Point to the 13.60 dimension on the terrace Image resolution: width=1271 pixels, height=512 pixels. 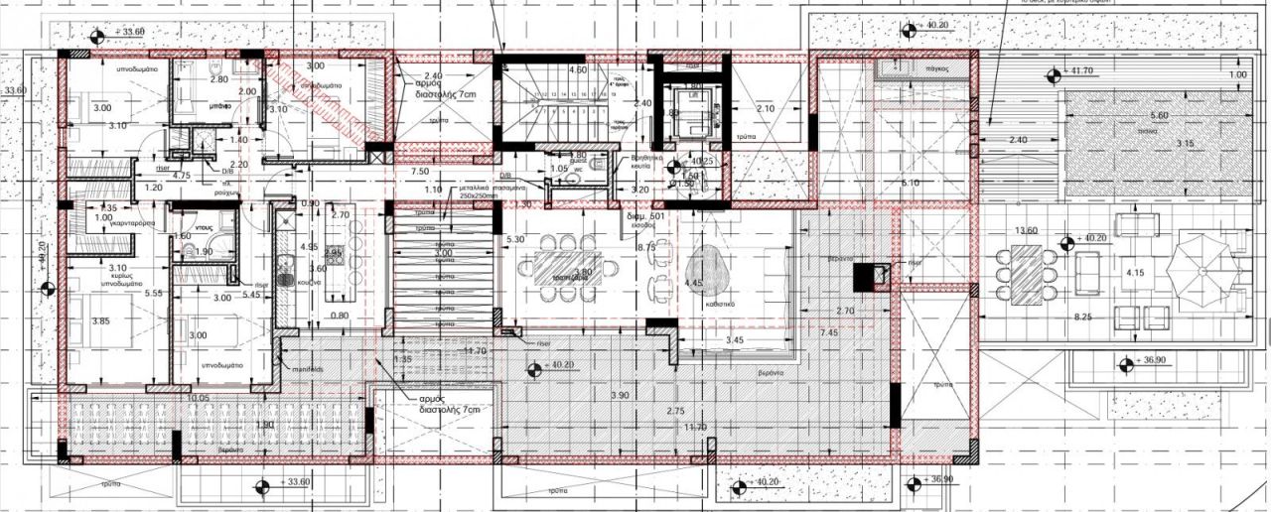1026,231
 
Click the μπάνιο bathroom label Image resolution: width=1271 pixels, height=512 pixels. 220,104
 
